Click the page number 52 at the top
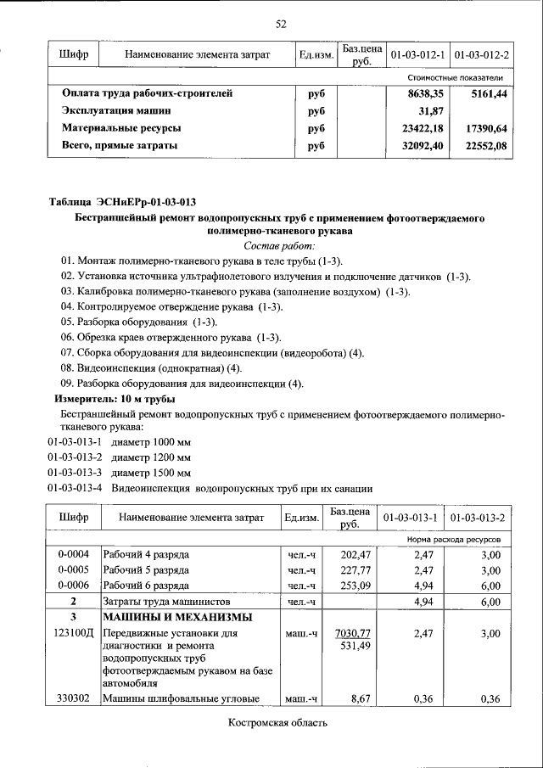281,24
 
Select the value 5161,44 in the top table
488,93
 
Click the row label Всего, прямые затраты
120,146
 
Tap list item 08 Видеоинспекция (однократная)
151,367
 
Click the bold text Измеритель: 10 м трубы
115,398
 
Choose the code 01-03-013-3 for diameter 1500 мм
75,473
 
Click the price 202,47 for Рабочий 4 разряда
355,555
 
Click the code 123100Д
74,633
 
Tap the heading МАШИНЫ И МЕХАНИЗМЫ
177,617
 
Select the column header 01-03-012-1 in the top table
418,55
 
